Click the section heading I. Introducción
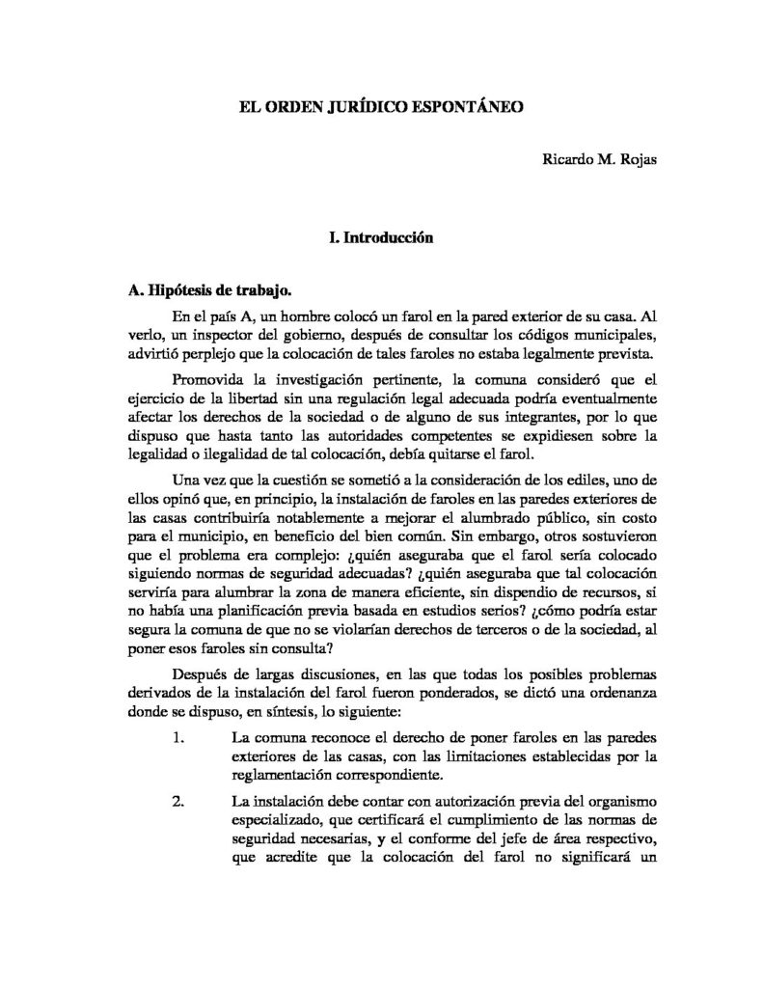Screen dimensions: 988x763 [x=381, y=234]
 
